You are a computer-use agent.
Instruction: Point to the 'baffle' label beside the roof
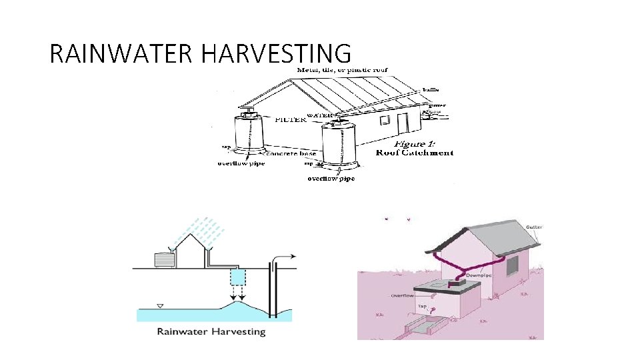pos(431,89)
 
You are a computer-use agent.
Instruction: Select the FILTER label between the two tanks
pos(291,120)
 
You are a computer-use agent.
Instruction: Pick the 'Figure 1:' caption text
pos(415,143)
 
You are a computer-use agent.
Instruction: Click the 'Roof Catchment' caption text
pos(415,153)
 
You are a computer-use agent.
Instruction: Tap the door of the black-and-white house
pos(403,123)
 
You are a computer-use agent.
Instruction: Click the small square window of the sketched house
pos(385,119)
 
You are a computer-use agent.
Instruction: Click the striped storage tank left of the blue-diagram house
pos(163,260)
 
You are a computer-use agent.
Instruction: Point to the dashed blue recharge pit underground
pos(237,275)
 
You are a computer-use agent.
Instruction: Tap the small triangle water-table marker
pos(159,306)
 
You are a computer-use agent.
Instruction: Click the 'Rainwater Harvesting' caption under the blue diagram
pos(211,331)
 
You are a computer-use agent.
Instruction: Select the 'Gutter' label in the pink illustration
pos(534,227)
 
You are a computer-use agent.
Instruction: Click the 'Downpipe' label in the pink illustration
pos(475,273)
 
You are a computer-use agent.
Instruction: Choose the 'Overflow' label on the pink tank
pos(403,295)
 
